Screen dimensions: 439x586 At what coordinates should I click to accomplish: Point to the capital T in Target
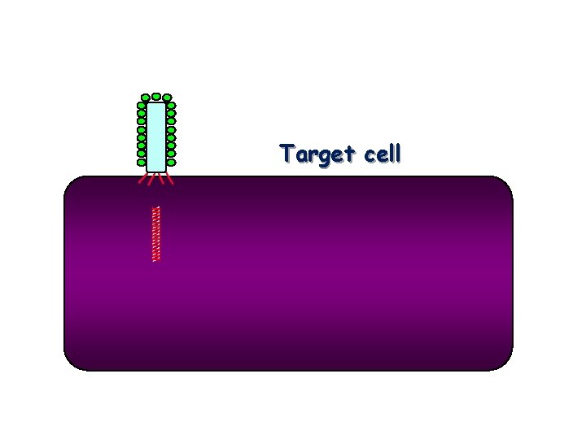tap(286, 153)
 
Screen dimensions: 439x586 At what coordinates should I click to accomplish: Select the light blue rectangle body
tap(156, 137)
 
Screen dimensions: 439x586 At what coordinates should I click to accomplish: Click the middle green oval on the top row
tap(155, 97)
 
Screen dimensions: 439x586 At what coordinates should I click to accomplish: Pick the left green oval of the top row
tap(144, 98)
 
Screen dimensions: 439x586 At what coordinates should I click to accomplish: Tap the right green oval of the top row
tap(167, 98)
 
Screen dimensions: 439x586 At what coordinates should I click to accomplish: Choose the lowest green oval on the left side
tap(142, 162)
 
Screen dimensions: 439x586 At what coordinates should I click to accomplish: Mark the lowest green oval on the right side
tap(171, 162)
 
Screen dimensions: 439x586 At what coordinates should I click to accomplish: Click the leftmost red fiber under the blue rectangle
tap(142, 178)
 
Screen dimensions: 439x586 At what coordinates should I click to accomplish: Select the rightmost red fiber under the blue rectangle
tap(170, 178)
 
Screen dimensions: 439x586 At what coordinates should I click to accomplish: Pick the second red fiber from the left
tap(151, 179)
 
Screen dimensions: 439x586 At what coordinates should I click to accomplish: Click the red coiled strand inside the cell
tap(156, 234)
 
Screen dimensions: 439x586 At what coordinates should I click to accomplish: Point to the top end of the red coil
tap(156, 209)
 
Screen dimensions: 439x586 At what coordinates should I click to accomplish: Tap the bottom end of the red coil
tap(156, 259)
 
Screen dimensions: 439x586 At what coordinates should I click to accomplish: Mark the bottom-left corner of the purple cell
tap(71, 364)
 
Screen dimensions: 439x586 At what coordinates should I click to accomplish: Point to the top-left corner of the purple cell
tap(71, 184)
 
